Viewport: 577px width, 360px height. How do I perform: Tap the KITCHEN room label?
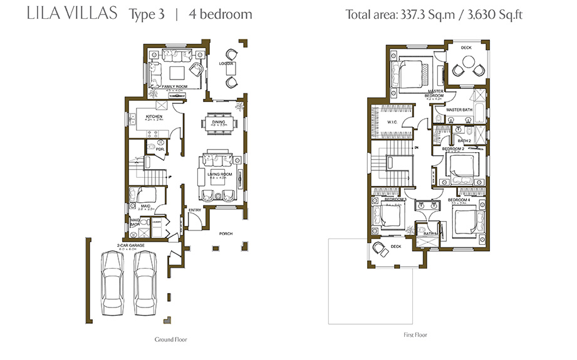(x=155, y=117)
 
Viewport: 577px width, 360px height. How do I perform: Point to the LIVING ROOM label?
(x=220, y=174)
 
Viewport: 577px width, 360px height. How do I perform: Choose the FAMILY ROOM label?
(x=175, y=86)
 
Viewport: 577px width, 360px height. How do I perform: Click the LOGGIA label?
(x=226, y=64)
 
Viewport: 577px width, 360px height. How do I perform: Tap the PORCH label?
(x=226, y=234)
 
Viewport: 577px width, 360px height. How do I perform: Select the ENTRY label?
(x=195, y=210)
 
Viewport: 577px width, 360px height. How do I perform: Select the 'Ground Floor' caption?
(x=171, y=339)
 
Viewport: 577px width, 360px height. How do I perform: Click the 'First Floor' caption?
(x=415, y=335)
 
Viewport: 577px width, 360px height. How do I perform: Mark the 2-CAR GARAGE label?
(x=130, y=245)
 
